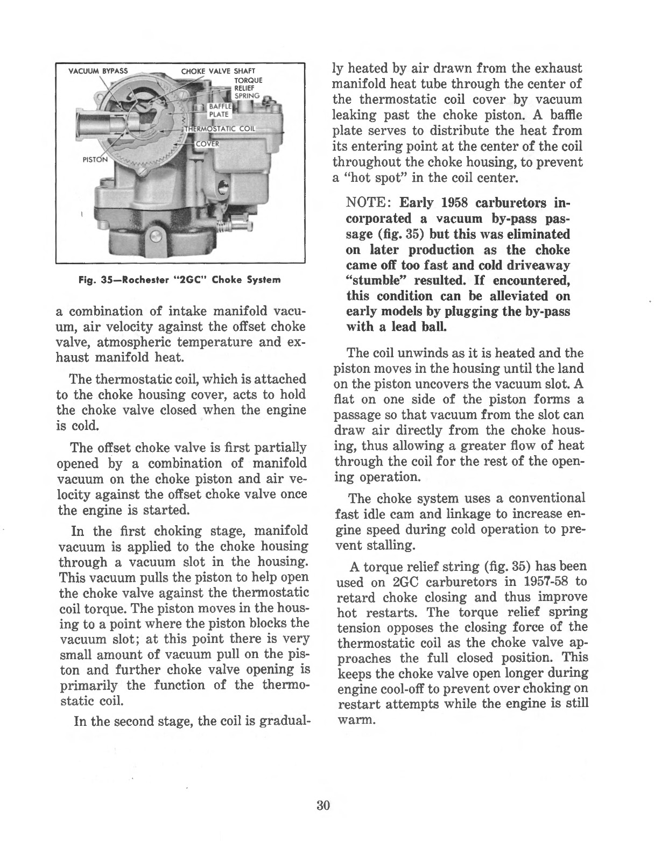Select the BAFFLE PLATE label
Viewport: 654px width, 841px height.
coord(219,109)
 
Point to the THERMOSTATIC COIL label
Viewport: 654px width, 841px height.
coord(221,130)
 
